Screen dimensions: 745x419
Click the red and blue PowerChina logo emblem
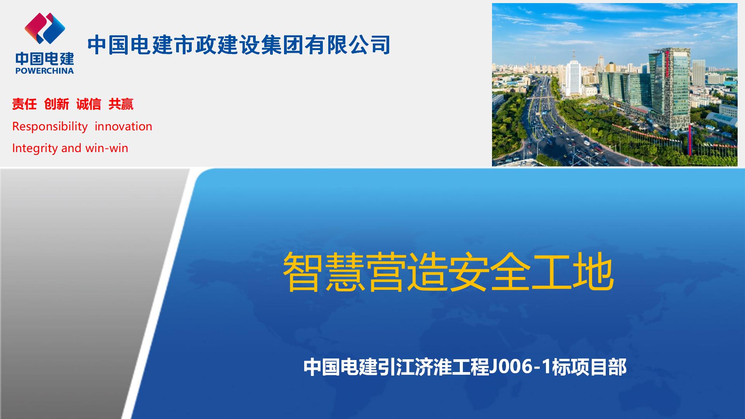click(45, 28)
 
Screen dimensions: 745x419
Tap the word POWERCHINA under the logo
click(45, 71)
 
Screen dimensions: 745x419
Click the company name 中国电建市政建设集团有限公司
click(239, 45)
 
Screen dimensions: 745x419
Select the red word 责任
click(24, 104)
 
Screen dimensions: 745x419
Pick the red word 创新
click(57, 104)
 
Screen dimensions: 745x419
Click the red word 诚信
click(89, 104)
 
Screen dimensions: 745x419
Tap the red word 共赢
click(121, 104)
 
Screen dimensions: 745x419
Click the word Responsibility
click(50, 126)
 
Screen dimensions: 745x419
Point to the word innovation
click(123, 126)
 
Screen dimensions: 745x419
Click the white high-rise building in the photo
click(573, 78)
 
